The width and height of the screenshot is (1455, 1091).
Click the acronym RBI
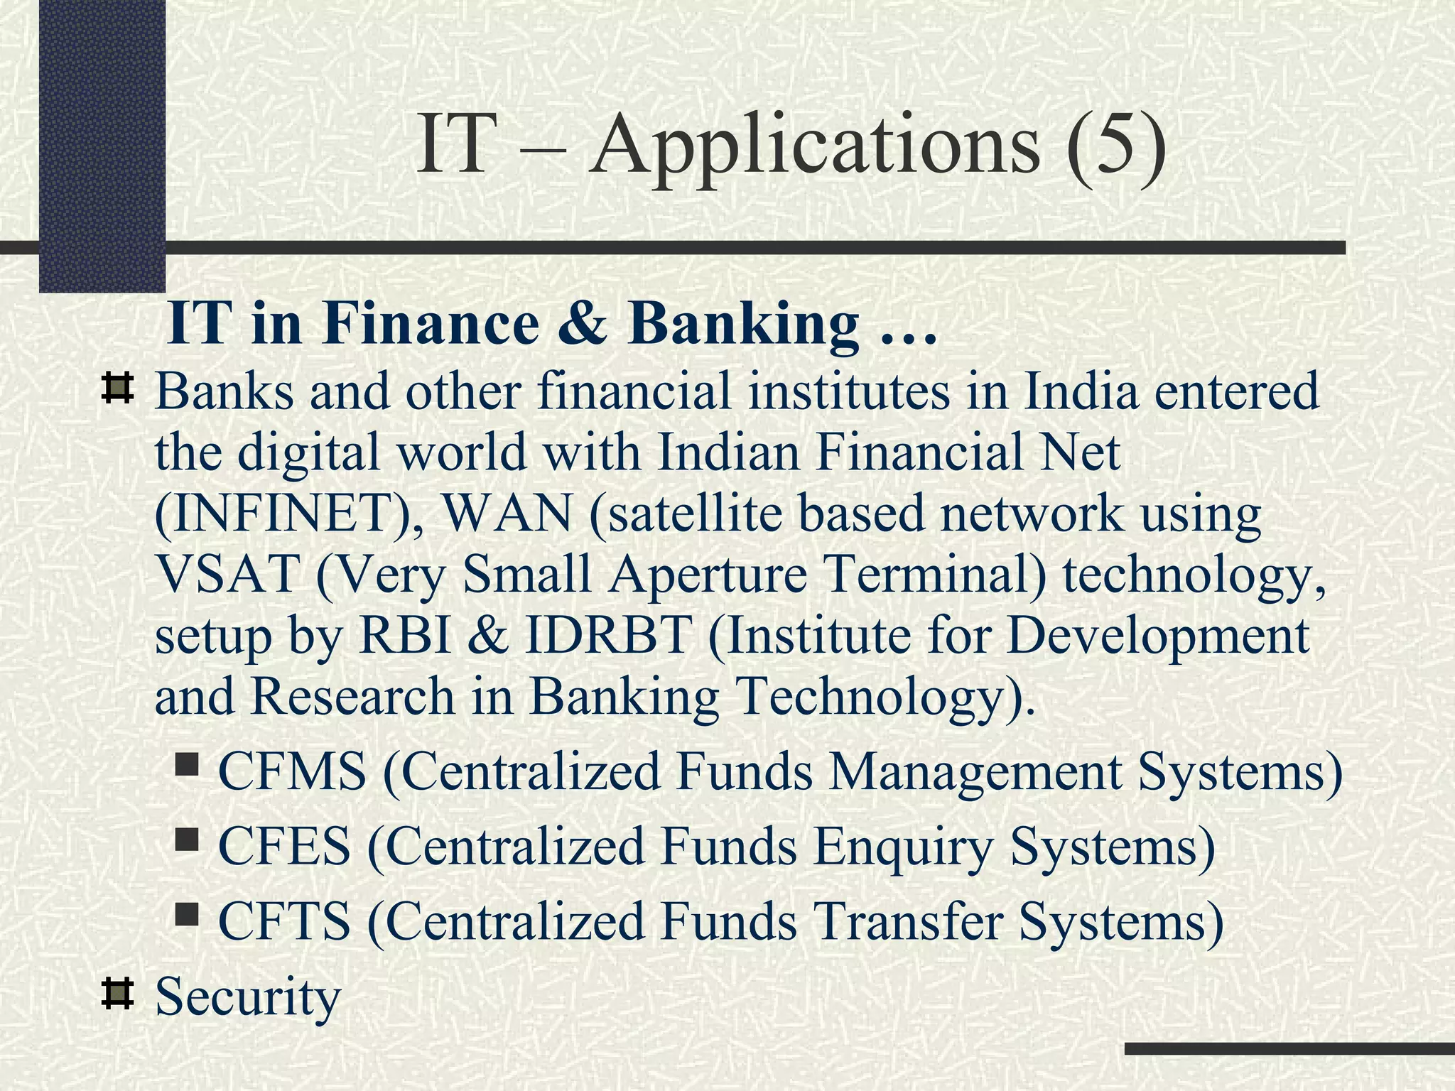click(x=406, y=635)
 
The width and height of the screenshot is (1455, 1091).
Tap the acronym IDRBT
click(x=608, y=635)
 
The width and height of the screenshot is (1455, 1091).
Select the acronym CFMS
click(x=292, y=772)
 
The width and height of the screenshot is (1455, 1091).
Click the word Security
click(x=248, y=997)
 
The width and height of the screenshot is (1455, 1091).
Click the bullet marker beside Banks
click(x=118, y=388)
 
